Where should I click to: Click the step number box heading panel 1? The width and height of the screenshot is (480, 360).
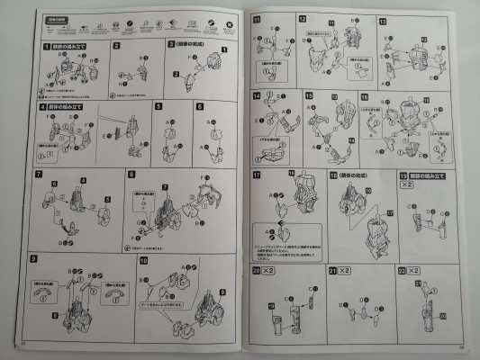[34, 45]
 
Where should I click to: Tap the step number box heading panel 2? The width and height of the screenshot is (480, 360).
[116, 45]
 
